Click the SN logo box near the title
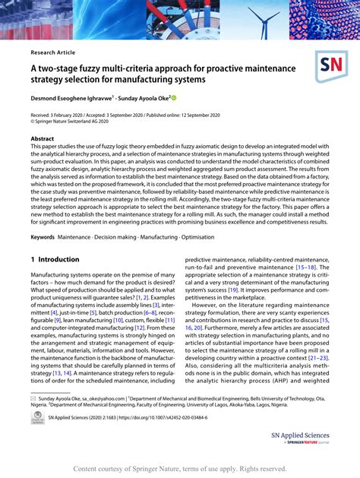(331, 68)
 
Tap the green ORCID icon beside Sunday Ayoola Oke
(173, 98)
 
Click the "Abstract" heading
(43, 138)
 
